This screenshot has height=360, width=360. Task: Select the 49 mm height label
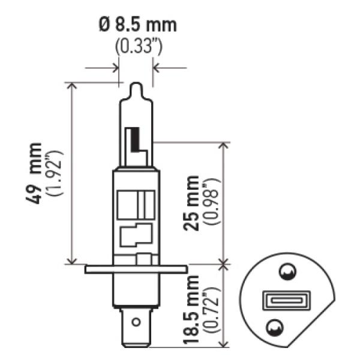(x=37, y=173)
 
